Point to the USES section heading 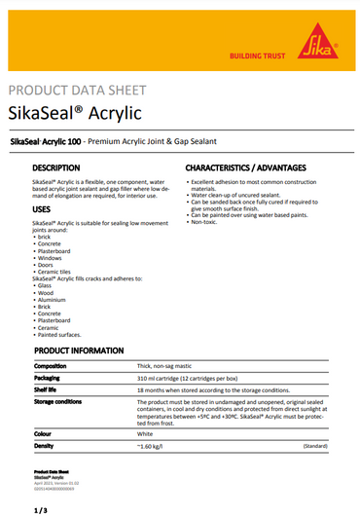click(x=44, y=210)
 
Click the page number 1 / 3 click(x=40, y=508)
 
